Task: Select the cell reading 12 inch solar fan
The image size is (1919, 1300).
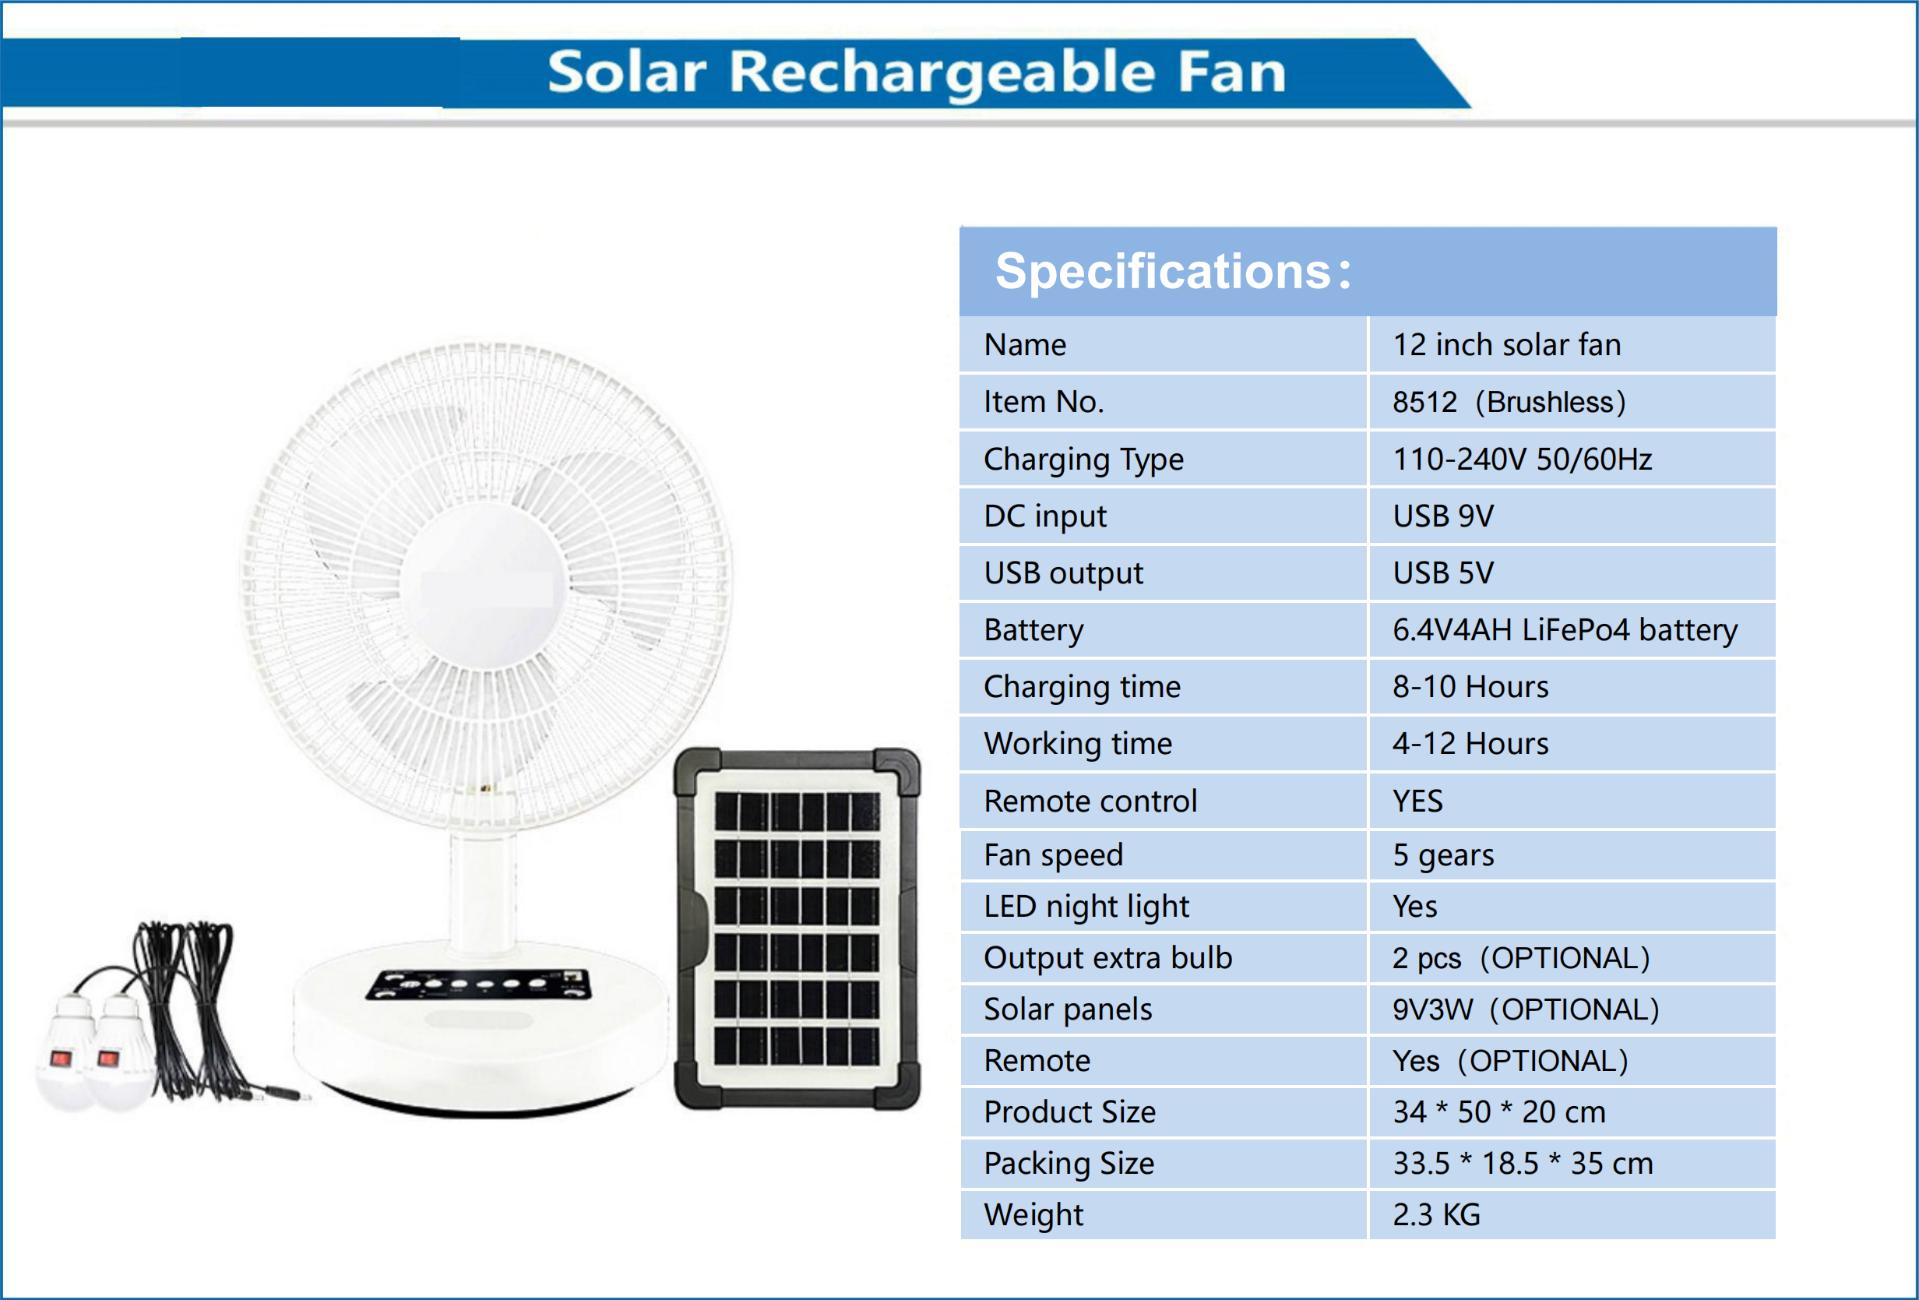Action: [x=1506, y=344]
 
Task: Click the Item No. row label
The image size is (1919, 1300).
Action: [x=1043, y=402]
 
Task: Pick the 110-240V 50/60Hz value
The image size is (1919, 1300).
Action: [x=1522, y=460]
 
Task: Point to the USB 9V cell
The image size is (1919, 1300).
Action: [x=1442, y=516]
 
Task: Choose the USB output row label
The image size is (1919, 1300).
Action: [x=1063, y=573]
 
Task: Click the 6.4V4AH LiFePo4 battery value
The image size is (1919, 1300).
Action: [x=1564, y=630]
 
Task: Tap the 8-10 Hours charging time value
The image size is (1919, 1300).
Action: [x=1470, y=687]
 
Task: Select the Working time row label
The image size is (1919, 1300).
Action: [x=1078, y=744]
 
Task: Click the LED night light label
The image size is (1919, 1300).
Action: [x=1086, y=907]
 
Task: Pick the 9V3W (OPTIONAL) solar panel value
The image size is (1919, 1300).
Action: [x=1525, y=1009]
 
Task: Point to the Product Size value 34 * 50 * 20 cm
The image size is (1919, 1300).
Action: [x=1498, y=1112]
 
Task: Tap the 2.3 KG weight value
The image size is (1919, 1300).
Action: [x=1436, y=1215]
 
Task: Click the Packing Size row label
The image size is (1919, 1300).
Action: [x=1069, y=1164]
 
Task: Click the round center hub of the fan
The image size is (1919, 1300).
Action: [x=485, y=585]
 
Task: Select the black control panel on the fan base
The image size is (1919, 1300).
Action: [x=479, y=984]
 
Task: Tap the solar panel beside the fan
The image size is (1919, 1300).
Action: [x=797, y=928]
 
